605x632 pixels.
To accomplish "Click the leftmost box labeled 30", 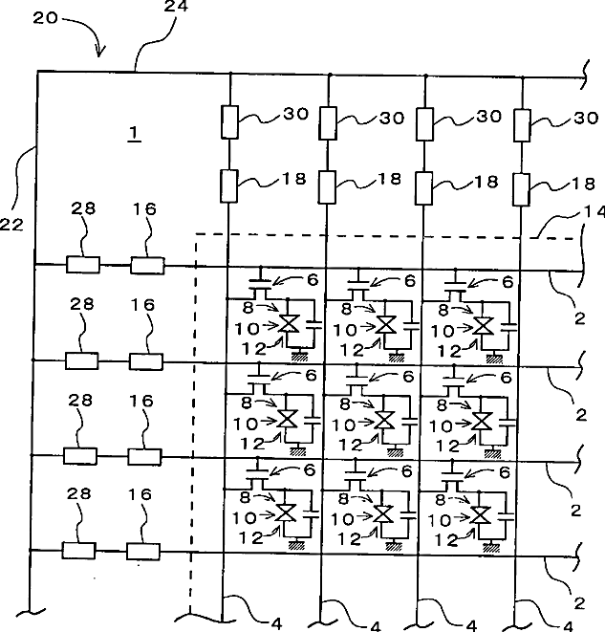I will pyautogui.click(x=230, y=121).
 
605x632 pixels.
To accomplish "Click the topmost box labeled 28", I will pyautogui.click(x=82, y=264).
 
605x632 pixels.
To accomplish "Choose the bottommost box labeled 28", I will pyautogui.click(x=76, y=551).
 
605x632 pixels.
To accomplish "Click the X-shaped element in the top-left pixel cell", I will pyautogui.click(x=286, y=324).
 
